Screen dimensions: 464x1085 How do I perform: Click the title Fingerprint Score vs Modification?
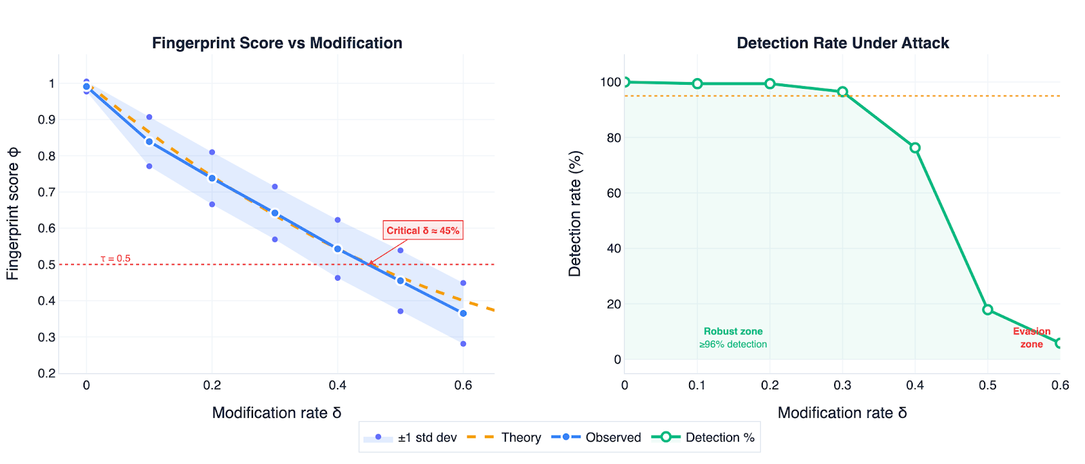277,43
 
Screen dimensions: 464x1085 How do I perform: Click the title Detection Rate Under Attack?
842,43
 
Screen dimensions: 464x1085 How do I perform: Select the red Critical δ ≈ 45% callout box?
422,231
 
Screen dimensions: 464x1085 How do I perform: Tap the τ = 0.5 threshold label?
115,258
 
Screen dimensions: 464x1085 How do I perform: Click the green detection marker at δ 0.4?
915,148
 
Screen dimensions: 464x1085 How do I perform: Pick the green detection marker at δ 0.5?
987,310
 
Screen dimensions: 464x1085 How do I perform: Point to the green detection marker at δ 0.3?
842,92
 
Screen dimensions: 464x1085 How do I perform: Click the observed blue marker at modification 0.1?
149,142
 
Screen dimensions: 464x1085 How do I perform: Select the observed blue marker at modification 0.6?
463,313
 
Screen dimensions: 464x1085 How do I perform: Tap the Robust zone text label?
733,332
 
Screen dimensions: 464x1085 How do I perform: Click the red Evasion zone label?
1031,338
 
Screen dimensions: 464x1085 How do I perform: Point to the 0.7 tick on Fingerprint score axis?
47,192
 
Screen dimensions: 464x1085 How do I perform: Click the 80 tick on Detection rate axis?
613,138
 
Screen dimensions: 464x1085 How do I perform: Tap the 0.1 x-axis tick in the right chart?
697,385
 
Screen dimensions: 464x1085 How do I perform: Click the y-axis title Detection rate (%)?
575,214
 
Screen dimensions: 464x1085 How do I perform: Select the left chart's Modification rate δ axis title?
277,412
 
